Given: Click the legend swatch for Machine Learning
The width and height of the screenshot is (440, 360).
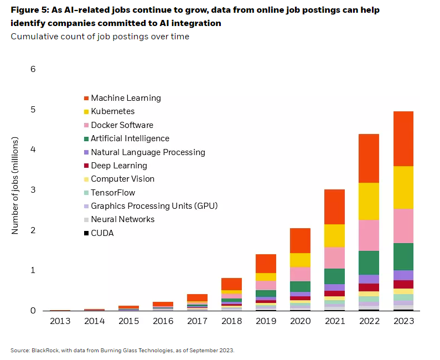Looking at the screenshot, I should pos(85,99).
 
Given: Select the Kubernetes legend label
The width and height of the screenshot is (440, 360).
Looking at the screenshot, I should pos(112,111).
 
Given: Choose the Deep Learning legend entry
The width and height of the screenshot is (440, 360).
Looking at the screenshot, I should pos(118,166).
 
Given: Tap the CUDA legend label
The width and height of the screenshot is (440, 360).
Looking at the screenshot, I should pos(102,233).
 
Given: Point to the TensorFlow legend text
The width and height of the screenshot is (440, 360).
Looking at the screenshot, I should pos(112,193).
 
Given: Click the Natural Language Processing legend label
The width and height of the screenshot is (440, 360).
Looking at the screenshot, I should pos(148,152).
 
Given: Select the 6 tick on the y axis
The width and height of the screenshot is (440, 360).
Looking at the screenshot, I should pos(33,69).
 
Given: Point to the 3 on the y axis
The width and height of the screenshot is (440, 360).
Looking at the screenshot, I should pos(33,190).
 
